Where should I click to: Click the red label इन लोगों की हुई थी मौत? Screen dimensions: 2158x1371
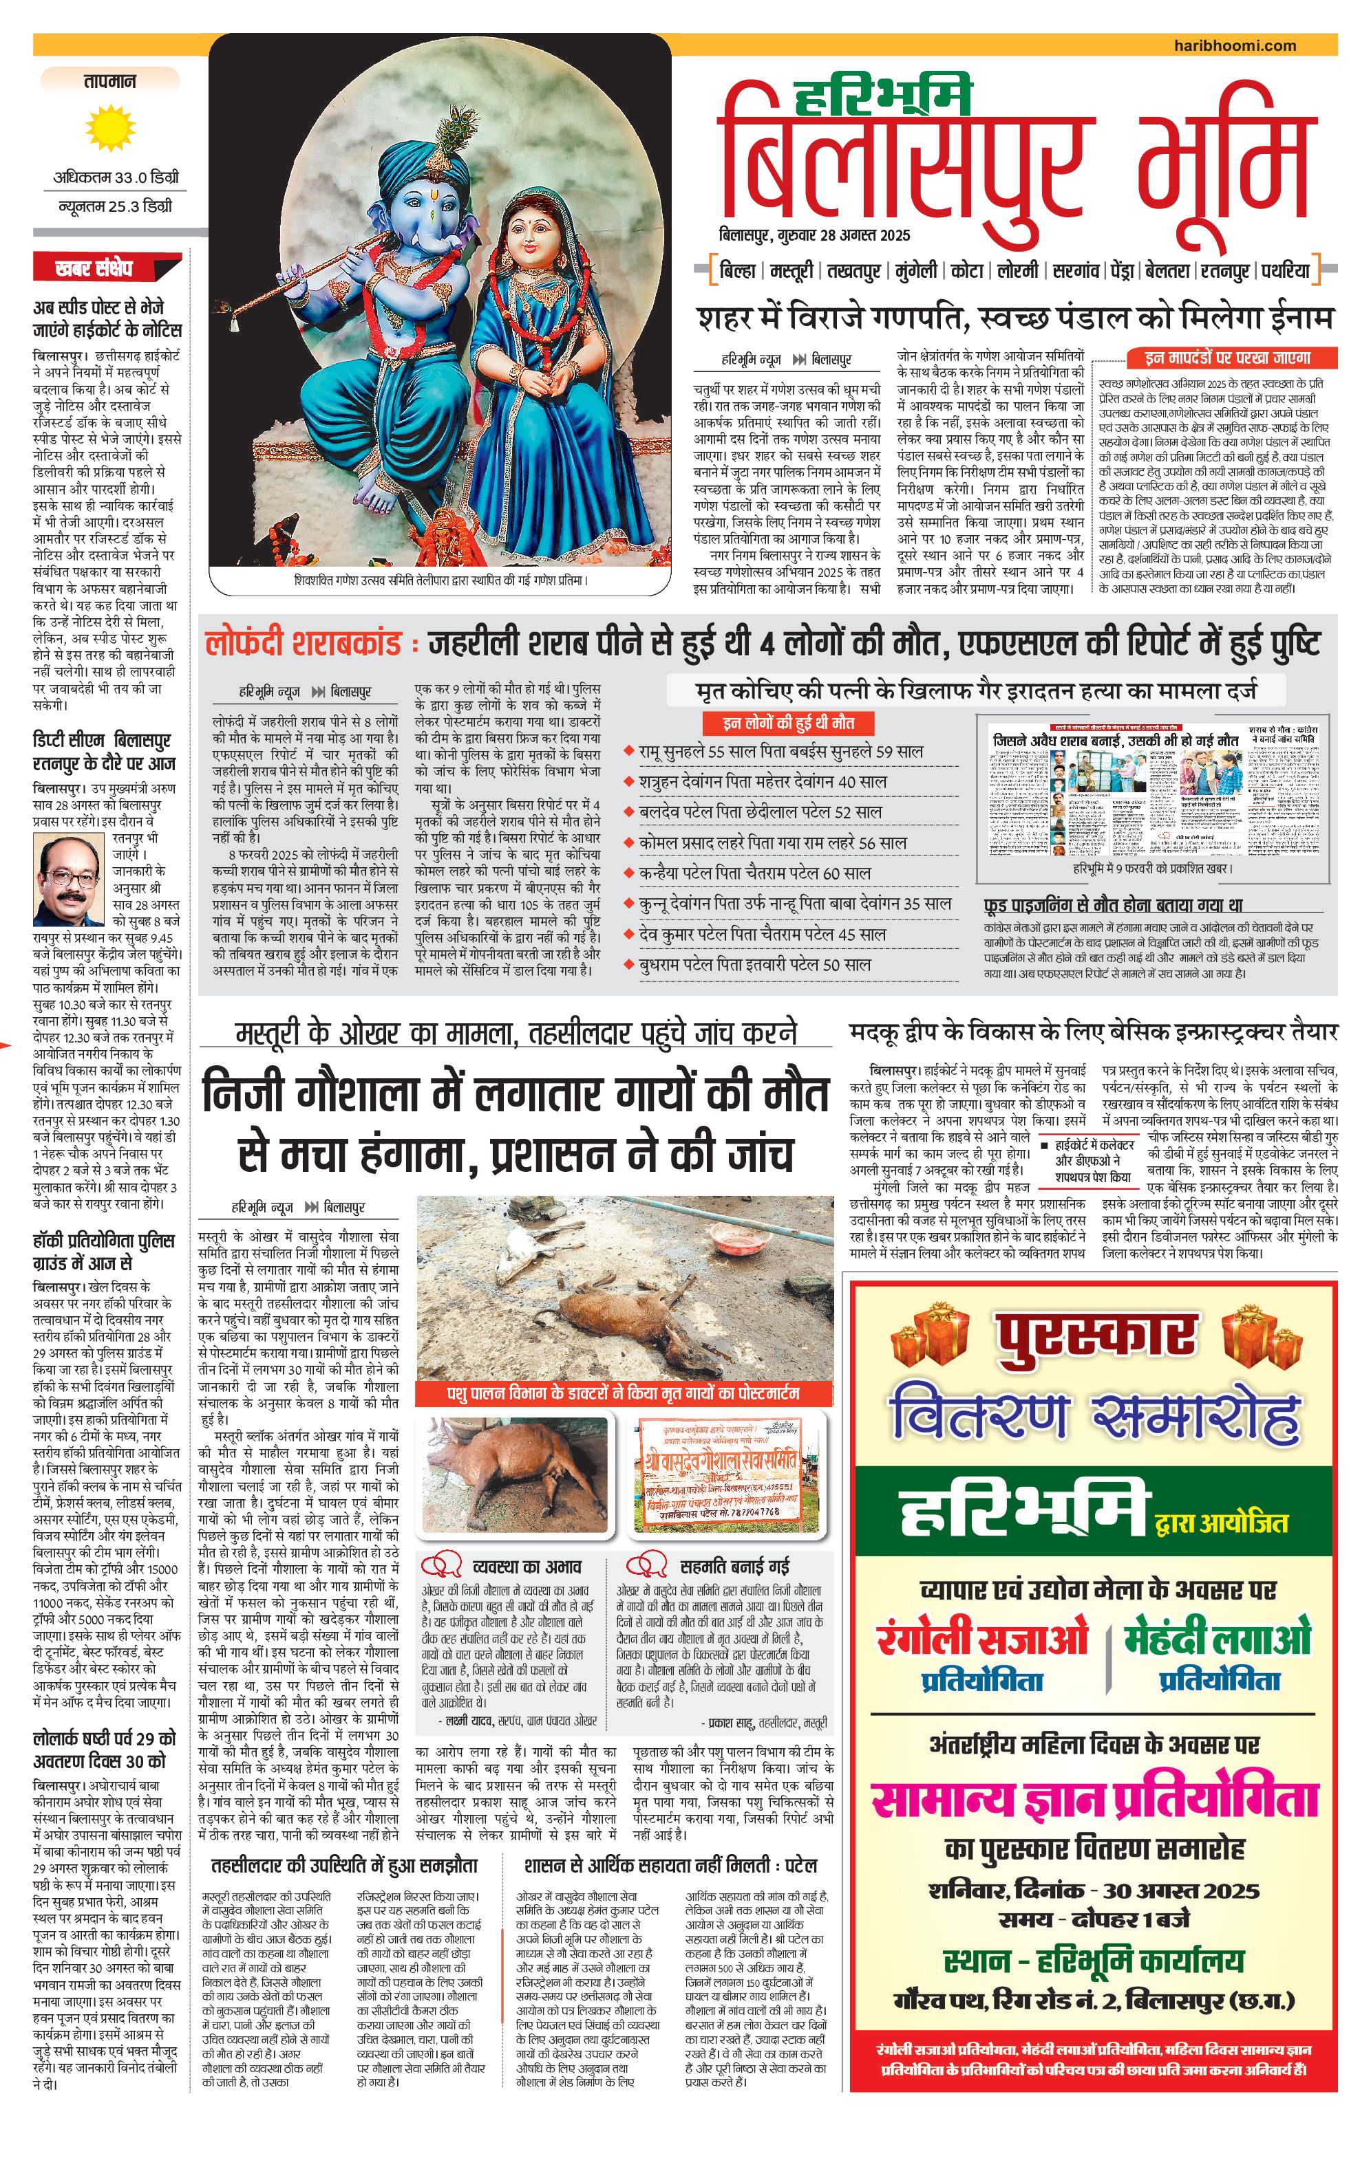[x=788, y=723]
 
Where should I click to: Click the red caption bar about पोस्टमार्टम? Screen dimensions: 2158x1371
[x=623, y=1393]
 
